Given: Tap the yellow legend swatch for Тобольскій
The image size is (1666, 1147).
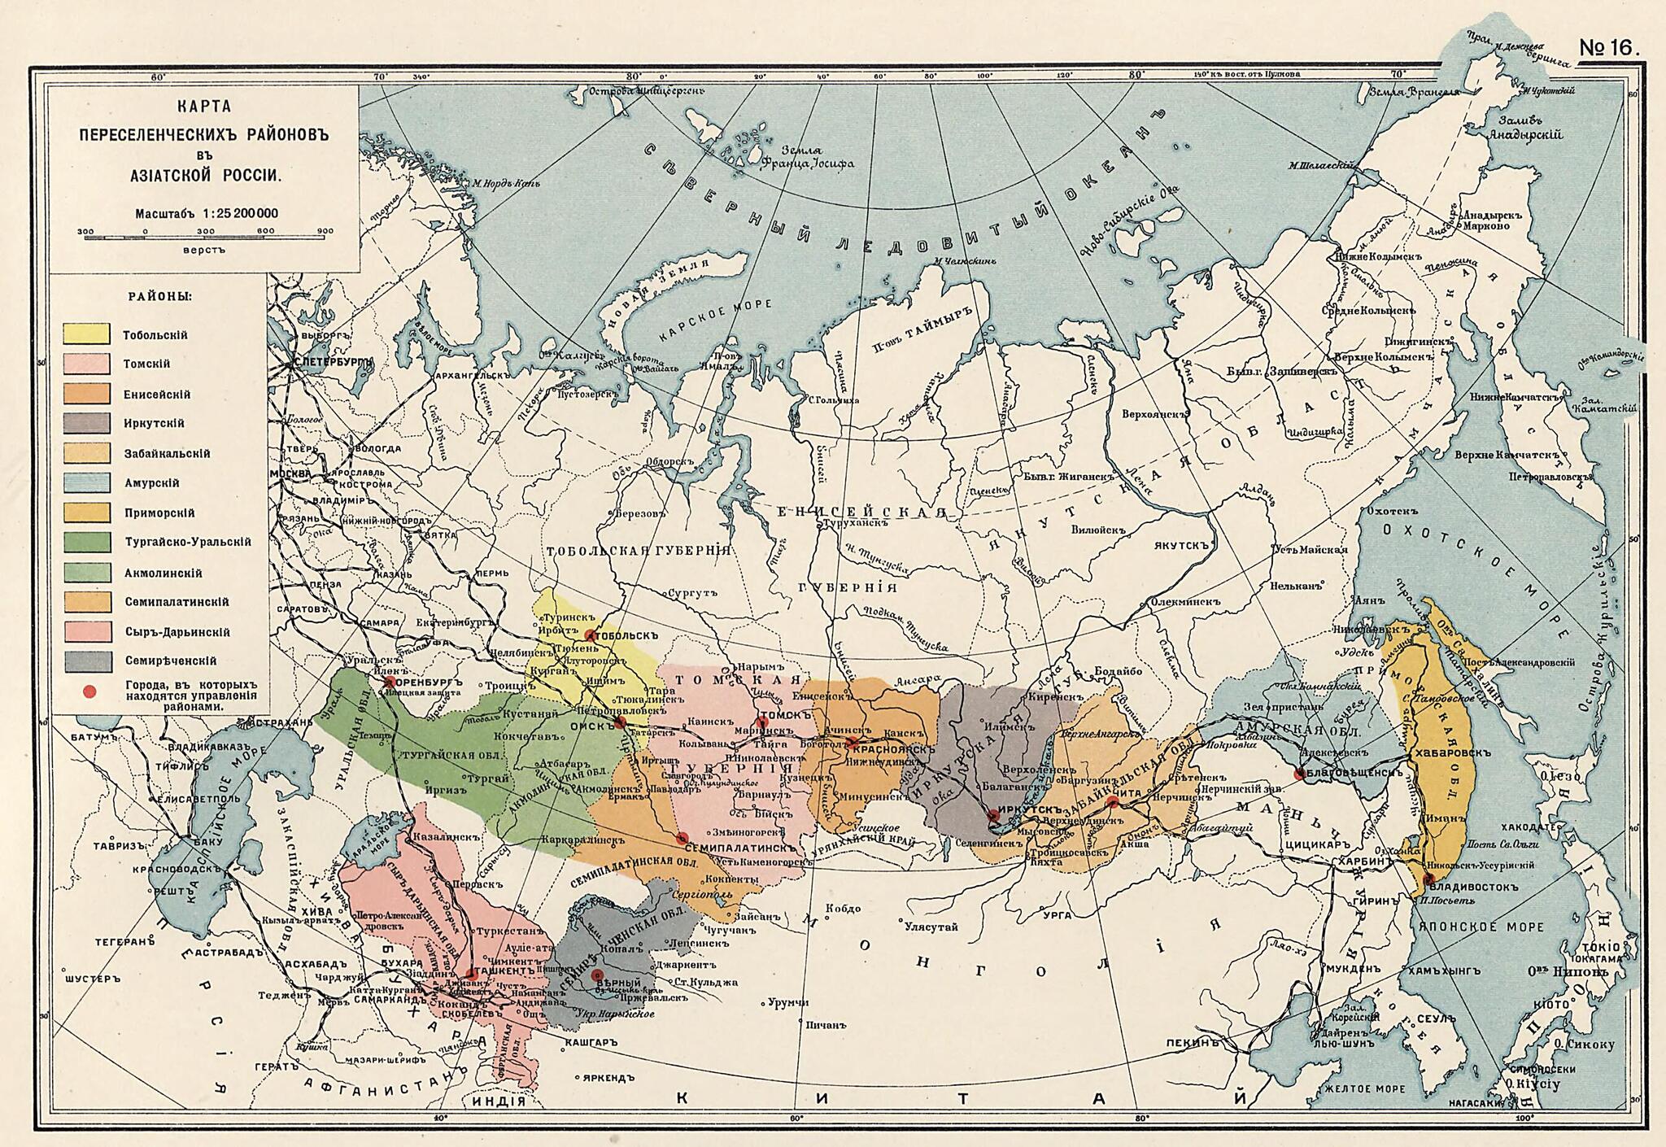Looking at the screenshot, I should point(87,334).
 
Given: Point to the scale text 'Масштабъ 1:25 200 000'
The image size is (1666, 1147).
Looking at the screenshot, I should point(207,213).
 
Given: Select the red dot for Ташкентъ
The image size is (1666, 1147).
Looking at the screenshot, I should point(471,974).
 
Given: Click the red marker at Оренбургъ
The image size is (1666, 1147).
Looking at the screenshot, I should point(390,681).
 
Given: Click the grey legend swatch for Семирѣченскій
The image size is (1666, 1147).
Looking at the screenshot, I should point(87,661).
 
